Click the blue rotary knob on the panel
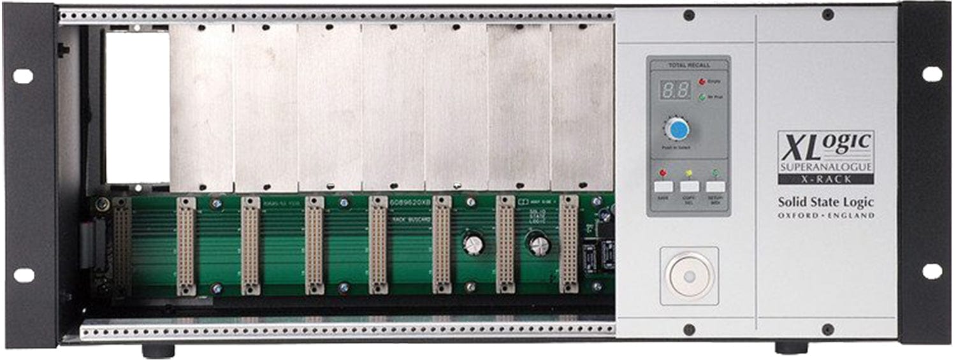tap(677, 129)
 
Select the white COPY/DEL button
tap(689, 187)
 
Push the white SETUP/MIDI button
tap(715, 187)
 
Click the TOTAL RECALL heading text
tap(688, 65)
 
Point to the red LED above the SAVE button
tap(662, 173)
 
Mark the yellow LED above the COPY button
tap(689, 173)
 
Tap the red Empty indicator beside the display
tap(702, 82)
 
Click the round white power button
tap(689, 275)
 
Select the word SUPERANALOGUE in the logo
tap(826, 168)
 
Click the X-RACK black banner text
tap(826, 179)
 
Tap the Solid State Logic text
tap(825, 203)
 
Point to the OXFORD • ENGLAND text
tap(826, 216)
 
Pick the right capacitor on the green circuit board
tap(539, 245)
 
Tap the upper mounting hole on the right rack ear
tap(932, 74)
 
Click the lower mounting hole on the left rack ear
tap(24, 275)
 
